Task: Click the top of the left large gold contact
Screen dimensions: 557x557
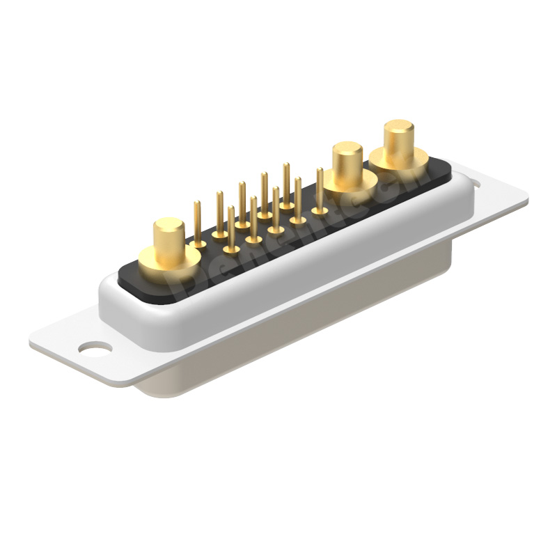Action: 169,226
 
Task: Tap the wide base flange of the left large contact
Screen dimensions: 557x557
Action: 170,261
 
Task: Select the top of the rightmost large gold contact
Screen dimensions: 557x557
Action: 398,129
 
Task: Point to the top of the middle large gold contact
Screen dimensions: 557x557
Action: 347,150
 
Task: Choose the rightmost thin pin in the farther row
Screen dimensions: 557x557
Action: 286,185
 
